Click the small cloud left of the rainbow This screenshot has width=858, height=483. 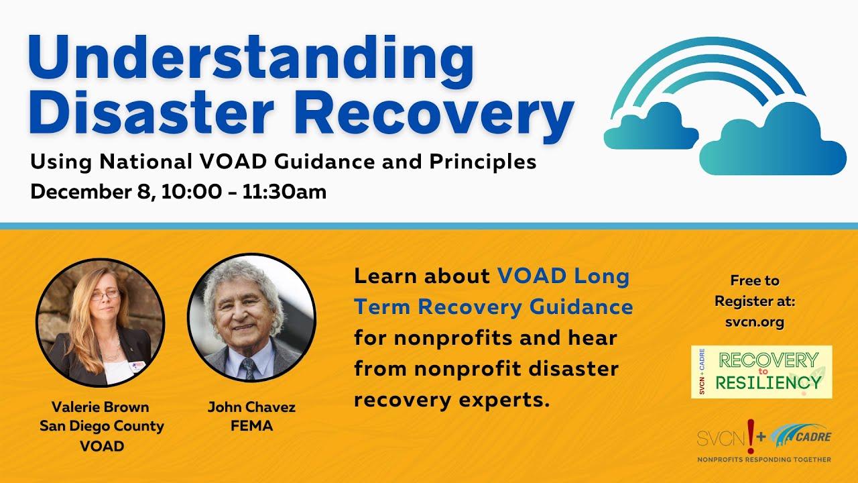click(650, 128)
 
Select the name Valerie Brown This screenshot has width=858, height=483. click(101, 407)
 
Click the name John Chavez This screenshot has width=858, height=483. click(251, 407)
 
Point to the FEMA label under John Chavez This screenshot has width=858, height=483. click(251, 426)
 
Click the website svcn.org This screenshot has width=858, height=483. click(755, 322)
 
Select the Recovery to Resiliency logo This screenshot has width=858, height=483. click(761, 372)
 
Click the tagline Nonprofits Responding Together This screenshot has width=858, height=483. click(764, 460)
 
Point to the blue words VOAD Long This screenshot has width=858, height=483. click(563, 276)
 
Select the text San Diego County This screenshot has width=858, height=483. click(101, 426)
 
